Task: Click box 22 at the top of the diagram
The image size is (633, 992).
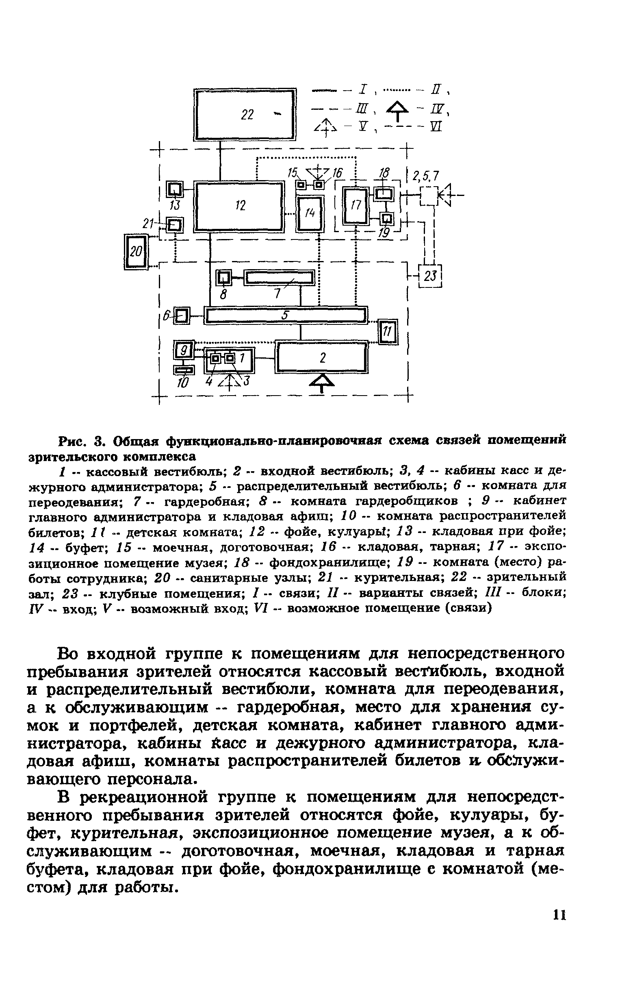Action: (246, 115)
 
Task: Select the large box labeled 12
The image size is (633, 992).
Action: (240, 206)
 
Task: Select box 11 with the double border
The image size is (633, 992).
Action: (388, 332)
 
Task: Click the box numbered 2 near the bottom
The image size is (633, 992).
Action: (322, 357)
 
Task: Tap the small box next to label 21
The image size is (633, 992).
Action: (176, 225)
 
